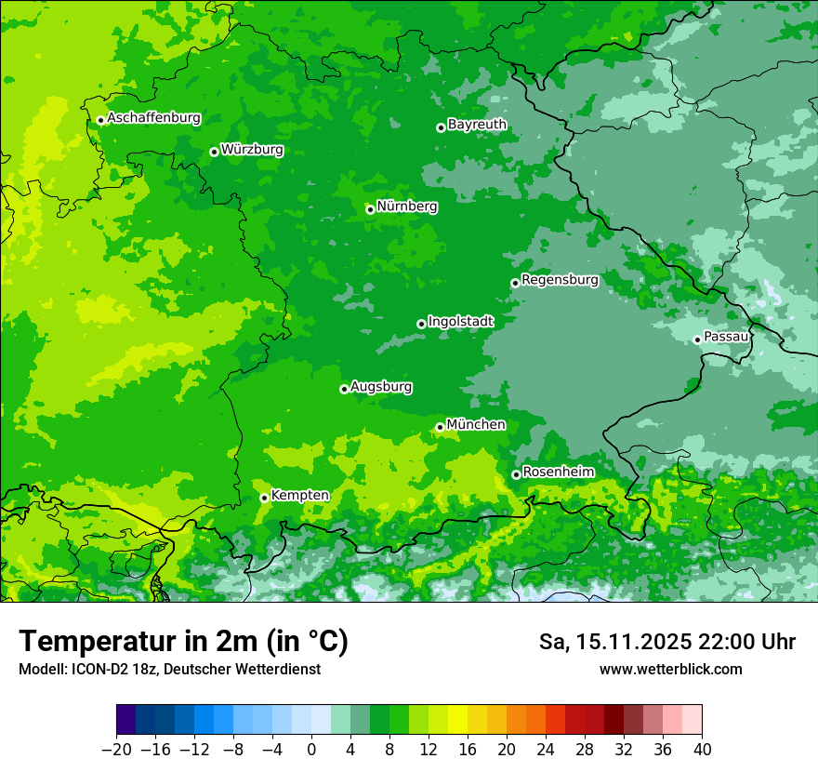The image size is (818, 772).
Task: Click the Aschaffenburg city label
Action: pos(153,118)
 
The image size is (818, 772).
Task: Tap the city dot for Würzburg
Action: pos(214,152)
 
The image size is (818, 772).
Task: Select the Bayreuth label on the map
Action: pos(477,124)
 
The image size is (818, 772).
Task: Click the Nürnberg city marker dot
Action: pos(370,209)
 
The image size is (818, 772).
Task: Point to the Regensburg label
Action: pos(560,279)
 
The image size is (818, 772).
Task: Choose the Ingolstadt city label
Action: pos(460,321)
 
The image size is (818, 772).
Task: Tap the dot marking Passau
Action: pos(697,339)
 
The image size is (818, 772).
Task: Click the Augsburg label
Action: pos(381,386)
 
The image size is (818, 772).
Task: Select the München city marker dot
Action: pos(440,427)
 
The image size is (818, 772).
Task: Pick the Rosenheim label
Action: pos(558,472)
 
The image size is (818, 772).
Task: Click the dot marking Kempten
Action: pos(264,498)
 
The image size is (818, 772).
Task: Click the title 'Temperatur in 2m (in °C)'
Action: pos(183,641)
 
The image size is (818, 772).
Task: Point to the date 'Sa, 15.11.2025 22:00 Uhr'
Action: pos(666,642)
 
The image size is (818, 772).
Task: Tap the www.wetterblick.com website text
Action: pos(670,669)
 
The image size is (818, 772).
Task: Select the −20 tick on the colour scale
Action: pos(116,750)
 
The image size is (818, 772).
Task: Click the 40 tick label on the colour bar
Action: pos(702,750)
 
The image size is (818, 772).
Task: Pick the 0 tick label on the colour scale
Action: pos(311,750)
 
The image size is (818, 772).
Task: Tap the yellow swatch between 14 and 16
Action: pos(457,720)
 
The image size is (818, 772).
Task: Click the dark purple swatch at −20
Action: pos(126,720)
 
